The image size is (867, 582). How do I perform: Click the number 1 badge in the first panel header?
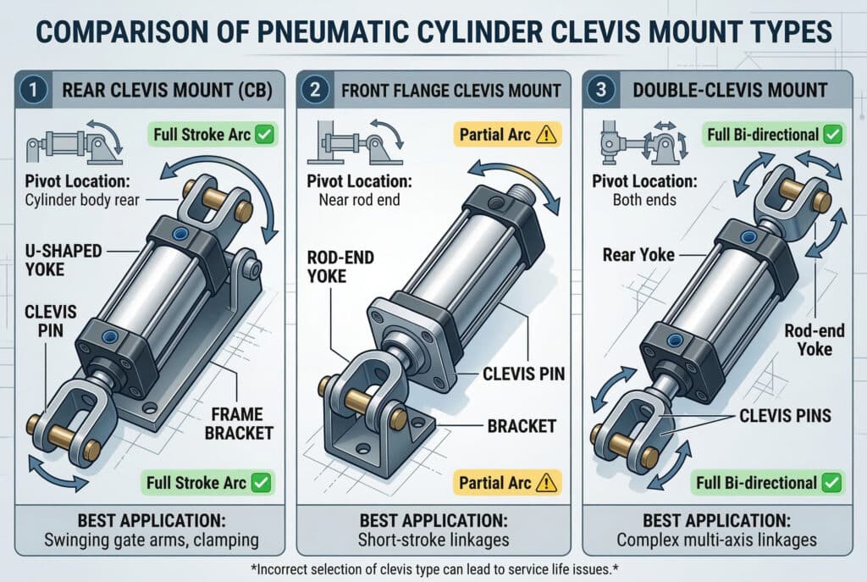33,89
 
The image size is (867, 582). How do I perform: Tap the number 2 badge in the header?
315,89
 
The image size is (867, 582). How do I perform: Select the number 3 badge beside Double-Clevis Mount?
600,89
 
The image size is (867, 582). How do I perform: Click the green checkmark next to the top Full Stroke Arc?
265,135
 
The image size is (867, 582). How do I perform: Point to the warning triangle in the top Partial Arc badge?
546,135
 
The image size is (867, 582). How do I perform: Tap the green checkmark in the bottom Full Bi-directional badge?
831,483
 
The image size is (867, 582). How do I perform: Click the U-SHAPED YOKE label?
63,260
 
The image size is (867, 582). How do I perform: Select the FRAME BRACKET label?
239,424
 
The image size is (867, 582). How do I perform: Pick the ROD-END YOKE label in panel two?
340,267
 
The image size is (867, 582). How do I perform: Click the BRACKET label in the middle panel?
522,426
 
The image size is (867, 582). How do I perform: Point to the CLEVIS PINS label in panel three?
785,415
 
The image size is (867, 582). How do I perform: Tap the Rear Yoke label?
638,254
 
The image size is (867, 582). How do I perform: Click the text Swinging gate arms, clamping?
152,540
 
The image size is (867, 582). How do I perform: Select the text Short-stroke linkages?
433,540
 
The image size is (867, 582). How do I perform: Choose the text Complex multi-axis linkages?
716,540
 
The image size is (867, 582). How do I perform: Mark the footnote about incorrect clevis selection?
434,568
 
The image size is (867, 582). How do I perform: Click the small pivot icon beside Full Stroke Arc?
75,142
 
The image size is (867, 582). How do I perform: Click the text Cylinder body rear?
82,200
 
